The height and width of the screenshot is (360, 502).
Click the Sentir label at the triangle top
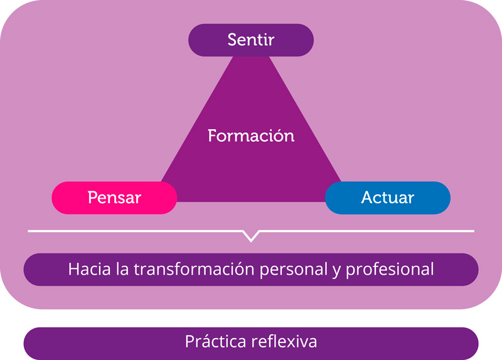click(251, 40)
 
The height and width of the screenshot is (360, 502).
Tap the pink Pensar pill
click(114, 198)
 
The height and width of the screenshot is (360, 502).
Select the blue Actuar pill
click(388, 198)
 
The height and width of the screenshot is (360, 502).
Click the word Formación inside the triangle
click(251, 135)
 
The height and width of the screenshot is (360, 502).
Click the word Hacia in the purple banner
click(87, 270)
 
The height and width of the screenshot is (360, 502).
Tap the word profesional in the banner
click(390, 270)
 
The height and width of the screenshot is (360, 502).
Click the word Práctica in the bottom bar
click(215, 342)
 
